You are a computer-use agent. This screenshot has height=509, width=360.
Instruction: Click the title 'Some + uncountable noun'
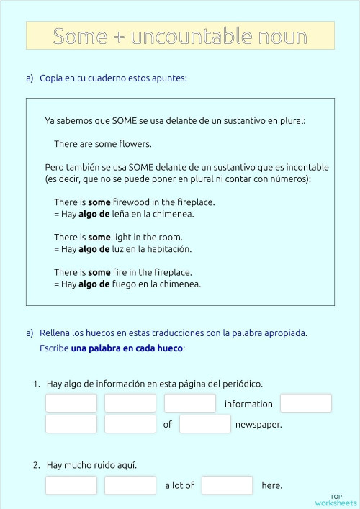click(180, 36)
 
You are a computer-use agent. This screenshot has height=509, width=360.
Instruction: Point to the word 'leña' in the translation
click(125, 214)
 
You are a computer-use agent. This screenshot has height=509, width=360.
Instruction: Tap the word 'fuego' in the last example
click(125, 284)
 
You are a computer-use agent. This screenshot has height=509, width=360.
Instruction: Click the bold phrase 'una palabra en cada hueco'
click(127, 348)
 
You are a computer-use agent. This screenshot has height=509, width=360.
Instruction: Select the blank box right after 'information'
click(305, 403)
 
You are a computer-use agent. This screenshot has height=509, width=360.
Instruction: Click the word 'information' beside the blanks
click(248, 404)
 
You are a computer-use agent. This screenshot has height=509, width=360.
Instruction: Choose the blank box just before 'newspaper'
click(204, 424)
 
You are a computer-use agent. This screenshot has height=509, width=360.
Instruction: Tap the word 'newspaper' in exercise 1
click(258, 425)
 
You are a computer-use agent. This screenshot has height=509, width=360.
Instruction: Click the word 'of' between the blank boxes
click(168, 425)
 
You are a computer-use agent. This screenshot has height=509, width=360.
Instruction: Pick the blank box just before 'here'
click(227, 485)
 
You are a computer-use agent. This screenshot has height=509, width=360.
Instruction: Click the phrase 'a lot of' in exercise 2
click(179, 485)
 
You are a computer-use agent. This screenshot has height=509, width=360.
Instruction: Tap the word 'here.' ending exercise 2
click(272, 485)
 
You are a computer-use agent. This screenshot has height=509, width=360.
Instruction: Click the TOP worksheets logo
click(336, 500)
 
